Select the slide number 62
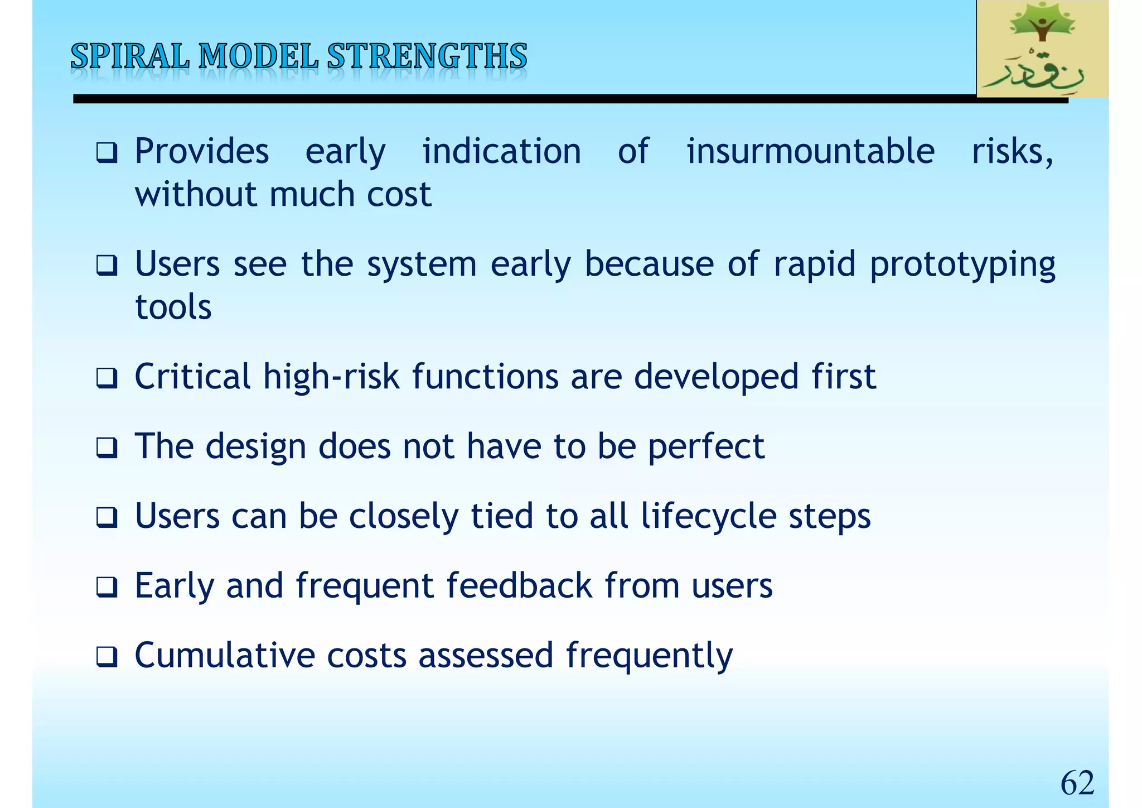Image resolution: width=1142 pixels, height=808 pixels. (1077, 782)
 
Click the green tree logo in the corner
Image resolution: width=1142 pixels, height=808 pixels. (1042, 49)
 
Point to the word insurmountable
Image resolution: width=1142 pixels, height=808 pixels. (810, 151)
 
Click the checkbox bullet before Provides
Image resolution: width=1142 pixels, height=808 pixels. (106, 152)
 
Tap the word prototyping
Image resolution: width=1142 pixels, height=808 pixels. (962, 264)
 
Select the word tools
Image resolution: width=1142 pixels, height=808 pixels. (173, 307)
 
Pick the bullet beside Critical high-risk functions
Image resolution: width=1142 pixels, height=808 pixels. (106, 378)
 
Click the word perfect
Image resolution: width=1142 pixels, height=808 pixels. (706, 446)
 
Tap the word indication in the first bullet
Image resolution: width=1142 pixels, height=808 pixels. (501, 151)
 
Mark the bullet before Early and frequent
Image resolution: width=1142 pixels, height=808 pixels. (106, 587)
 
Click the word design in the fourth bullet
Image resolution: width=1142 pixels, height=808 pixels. (255, 446)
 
